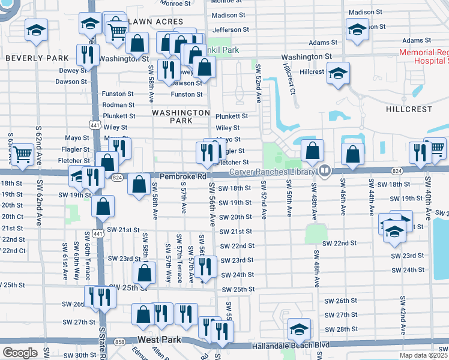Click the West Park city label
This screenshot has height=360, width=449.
pyautogui.click(x=159, y=340)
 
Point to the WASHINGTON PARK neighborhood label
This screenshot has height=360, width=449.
pyautogui.click(x=181, y=116)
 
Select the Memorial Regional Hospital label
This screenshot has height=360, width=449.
pyautogui.click(x=424, y=56)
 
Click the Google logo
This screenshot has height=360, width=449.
pyautogui.click(x=20, y=353)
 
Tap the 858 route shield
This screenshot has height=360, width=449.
pyautogui.click(x=120, y=341)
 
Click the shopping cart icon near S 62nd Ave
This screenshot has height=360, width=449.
pyautogui.click(x=23, y=154)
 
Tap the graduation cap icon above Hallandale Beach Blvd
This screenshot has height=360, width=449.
pyautogui.click(x=299, y=329)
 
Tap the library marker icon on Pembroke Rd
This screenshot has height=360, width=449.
pyautogui.click(x=325, y=171)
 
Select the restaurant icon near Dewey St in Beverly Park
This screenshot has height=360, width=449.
pyautogui.click(x=88, y=55)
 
